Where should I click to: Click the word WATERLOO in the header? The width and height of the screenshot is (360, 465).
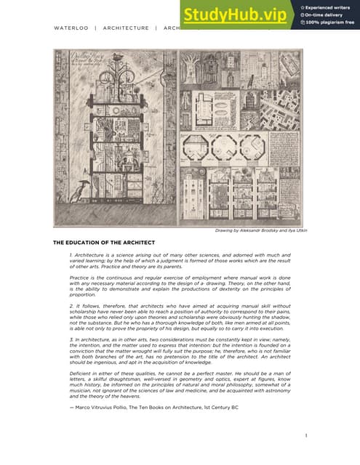pos(71,28)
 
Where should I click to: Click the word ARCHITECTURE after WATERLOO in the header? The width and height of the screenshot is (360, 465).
pos(126,28)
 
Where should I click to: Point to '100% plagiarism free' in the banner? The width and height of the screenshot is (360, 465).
pos(328,23)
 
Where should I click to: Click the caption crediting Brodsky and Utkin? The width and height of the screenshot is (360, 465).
pos(261,230)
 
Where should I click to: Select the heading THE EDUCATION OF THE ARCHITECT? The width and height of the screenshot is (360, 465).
pos(103,241)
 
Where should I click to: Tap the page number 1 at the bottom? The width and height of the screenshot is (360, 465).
pos(306,436)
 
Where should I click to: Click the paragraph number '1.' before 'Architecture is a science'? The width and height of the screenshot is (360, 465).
pos(71,256)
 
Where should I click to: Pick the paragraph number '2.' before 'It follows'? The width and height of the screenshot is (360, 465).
pos(71,307)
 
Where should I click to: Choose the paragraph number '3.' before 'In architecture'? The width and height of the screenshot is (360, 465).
pos(71,339)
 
